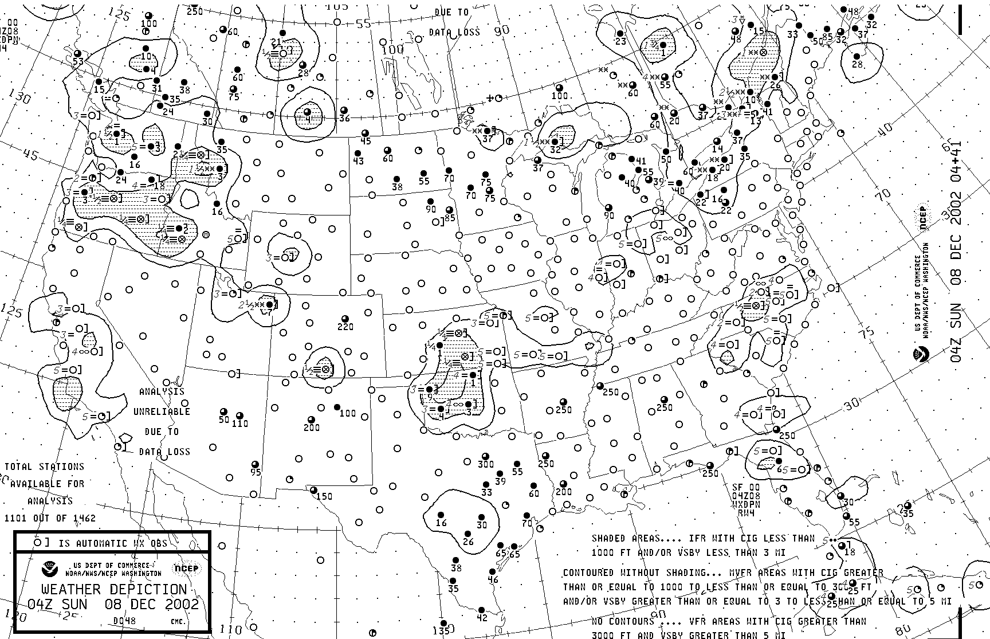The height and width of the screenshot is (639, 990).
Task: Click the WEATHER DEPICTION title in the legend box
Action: [114, 590]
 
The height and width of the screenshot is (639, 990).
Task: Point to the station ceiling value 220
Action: [345, 327]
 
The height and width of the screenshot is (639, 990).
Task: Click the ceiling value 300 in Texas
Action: [486, 464]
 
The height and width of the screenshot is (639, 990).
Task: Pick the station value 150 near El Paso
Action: [324, 496]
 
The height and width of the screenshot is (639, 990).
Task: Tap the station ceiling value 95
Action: [256, 472]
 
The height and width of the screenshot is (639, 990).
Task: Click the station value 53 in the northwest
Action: [78, 61]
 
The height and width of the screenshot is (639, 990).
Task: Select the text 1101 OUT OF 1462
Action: [50, 518]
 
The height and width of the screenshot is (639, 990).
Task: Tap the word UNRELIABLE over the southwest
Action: [162, 411]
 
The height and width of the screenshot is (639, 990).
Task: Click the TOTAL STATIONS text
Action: [45, 466]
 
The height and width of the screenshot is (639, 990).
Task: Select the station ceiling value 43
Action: [358, 161]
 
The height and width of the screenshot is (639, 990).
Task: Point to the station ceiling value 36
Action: [344, 119]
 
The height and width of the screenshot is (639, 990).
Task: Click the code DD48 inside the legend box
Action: [124, 621]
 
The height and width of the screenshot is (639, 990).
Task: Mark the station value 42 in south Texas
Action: [482, 618]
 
